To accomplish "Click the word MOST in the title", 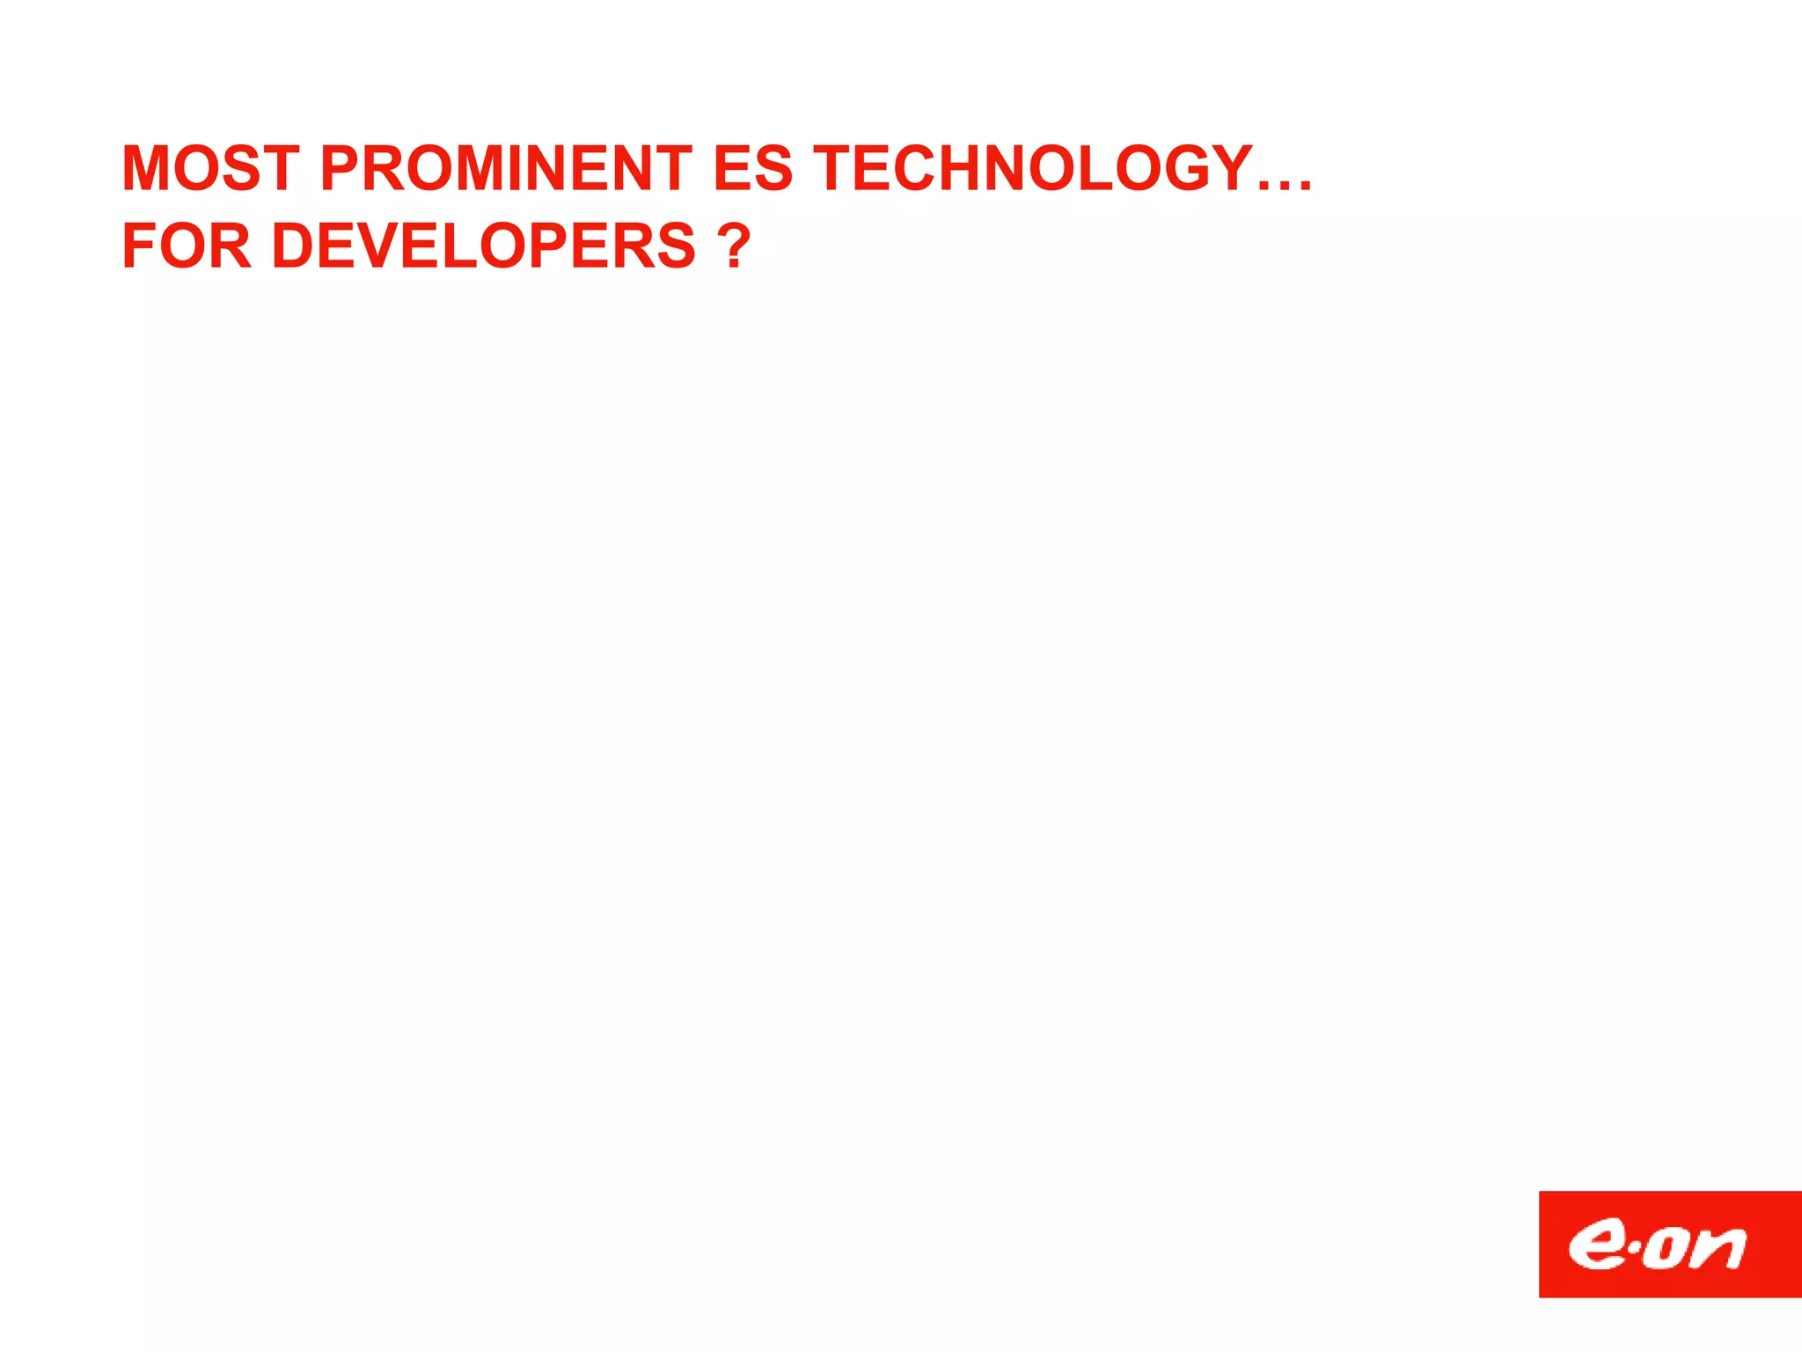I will [x=210, y=168].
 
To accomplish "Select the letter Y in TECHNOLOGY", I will [x=1229, y=168].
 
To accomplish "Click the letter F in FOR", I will [x=137, y=246].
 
